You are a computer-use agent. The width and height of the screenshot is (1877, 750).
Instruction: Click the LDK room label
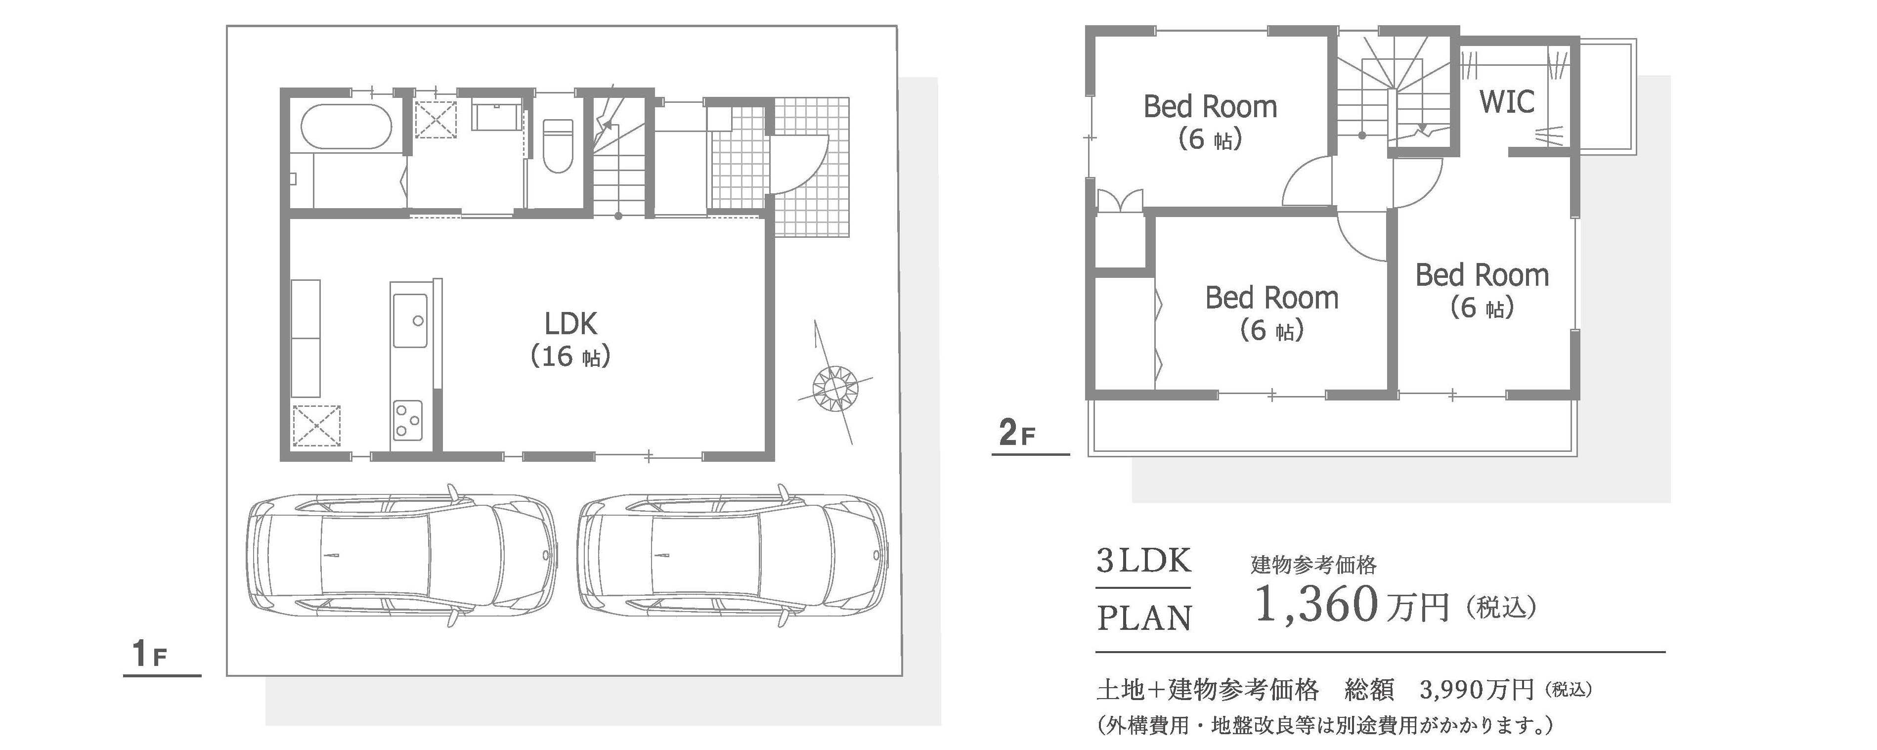570,324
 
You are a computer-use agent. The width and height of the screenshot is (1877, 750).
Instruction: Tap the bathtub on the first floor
347,128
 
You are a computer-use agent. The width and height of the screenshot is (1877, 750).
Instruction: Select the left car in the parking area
399,555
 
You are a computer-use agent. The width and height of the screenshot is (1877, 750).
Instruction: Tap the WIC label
1507,102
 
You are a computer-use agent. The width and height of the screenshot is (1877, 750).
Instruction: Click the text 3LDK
1144,561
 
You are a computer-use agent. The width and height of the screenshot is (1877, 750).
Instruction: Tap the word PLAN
1145,618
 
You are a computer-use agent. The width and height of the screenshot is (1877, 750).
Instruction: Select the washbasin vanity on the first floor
497,115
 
